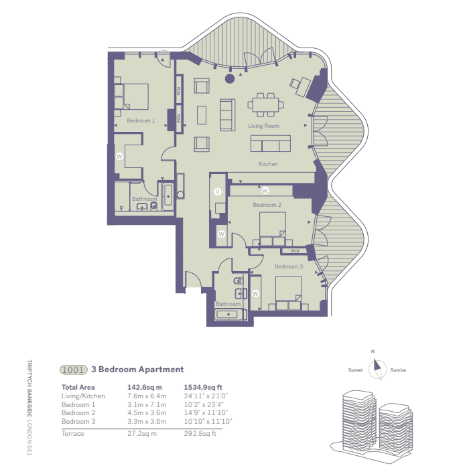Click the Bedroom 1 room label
click(x=141, y=121)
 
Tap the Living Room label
click(x=263, y=126)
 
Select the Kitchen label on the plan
click(x=268, y=164)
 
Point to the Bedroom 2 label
click(x=267, y=205)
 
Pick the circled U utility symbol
click(x=217, y=191)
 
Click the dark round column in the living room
click(x=230, y=79)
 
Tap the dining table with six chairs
click(x=264, y=104)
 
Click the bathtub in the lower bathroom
click(x=228, y=313)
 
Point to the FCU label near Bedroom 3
click(x=295, y=251)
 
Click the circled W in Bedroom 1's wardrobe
click(x=120, y=156)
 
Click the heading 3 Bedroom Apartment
click(x=141, y=369)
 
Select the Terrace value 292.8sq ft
click(x=200, y=434)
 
